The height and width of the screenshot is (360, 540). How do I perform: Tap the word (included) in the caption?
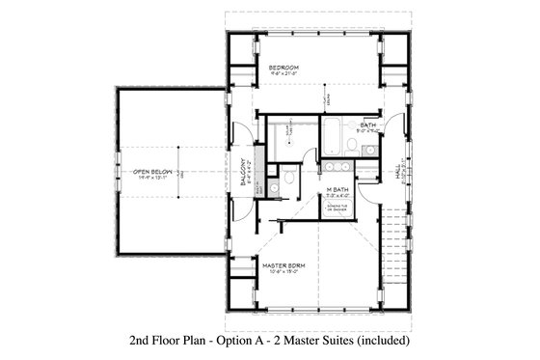[x=384, y=341]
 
